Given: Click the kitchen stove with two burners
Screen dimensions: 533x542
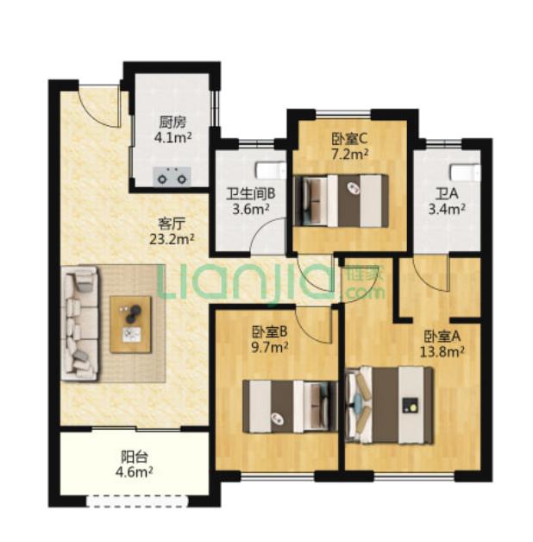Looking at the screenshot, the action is [x=172, y=176].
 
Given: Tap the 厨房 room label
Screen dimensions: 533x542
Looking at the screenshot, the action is [x=172, y=123].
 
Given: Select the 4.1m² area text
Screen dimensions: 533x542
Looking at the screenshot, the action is [x=172, y=137].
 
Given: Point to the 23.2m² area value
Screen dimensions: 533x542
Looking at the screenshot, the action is [x=172, y=239].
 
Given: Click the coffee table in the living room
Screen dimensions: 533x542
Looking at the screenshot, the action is [x=130, y=325].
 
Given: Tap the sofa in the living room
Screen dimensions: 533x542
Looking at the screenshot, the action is [x=80, y=324].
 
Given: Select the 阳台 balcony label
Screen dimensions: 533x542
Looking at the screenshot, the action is [x=135, y=457].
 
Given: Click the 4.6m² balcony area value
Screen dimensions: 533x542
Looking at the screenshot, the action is [x=135, y=471].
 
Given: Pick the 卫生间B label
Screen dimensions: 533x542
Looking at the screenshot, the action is [x=251, y=194].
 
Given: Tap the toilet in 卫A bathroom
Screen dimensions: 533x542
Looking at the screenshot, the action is [x=465, y=172].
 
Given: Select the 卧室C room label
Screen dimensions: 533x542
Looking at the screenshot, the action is [x=349, y=139].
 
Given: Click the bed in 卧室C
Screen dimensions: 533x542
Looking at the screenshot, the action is [x=341, y=201].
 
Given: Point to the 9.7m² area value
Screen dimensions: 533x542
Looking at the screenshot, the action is [x=270, y=347].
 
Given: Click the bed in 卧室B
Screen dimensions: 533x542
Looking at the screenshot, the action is [x=290, y=406].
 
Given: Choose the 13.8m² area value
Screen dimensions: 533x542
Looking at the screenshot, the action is [x=442, y=352].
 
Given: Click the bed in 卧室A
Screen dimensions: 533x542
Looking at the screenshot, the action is [x=389, y=405].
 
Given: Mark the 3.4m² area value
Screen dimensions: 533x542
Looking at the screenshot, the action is [x=447, y=209].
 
